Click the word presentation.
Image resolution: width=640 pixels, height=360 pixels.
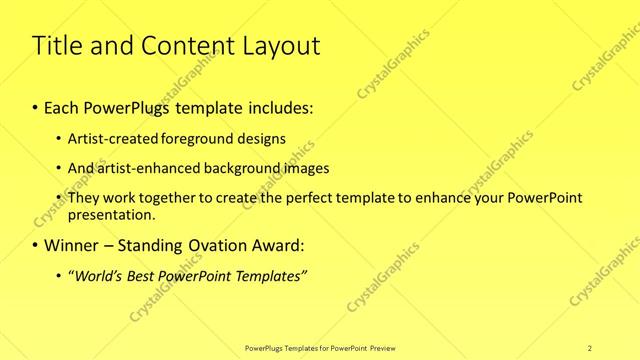[x=111, y=215]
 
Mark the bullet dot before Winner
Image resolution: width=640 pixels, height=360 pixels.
[x=37, y=245]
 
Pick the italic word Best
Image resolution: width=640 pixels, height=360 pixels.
[x=144, y=275]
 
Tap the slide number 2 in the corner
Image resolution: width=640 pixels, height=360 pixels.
[x=589, y=347]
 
